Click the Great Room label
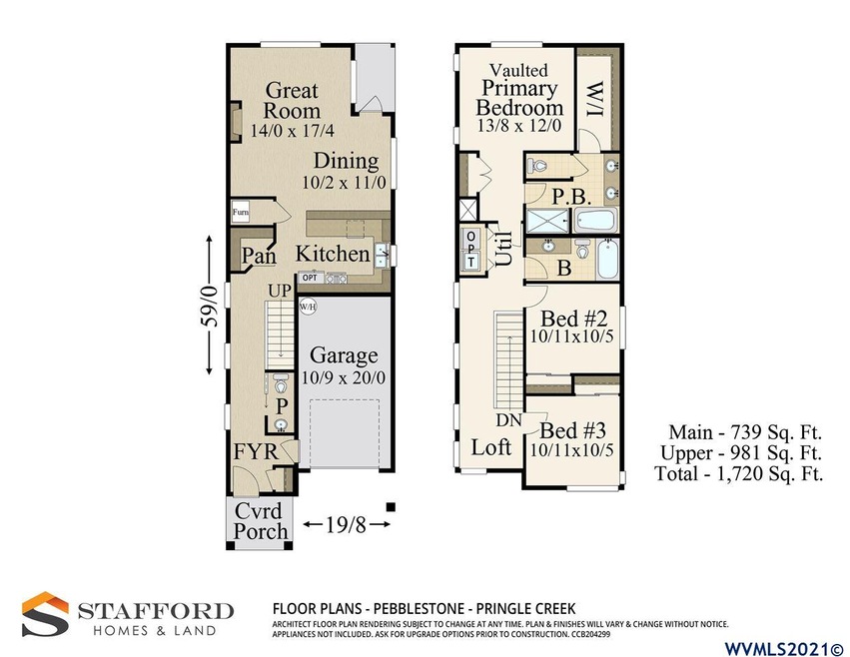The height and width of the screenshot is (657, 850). tap(292, 100)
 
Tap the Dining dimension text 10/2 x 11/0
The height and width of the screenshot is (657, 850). tap(344, 182)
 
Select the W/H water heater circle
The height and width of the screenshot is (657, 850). tap(308, 307)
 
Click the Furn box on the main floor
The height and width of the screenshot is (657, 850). tap(240, 212)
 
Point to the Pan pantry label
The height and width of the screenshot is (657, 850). tap(259, 256)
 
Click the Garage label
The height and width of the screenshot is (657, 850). tap(344, 355)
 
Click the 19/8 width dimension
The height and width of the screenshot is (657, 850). tap(347, 524)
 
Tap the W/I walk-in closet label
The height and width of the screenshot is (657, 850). tap(595, 99)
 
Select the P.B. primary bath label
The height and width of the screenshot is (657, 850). tap(572, 197)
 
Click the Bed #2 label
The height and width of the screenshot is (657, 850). tap(573, 318)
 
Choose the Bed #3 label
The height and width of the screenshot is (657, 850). tap(572, 431)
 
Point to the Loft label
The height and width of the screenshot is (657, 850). tap(491, 447)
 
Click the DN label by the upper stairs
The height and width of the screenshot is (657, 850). tap(508, 420)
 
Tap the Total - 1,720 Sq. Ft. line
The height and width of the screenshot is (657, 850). tap(739, 473)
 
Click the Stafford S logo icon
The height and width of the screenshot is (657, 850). tap(46, 614)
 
